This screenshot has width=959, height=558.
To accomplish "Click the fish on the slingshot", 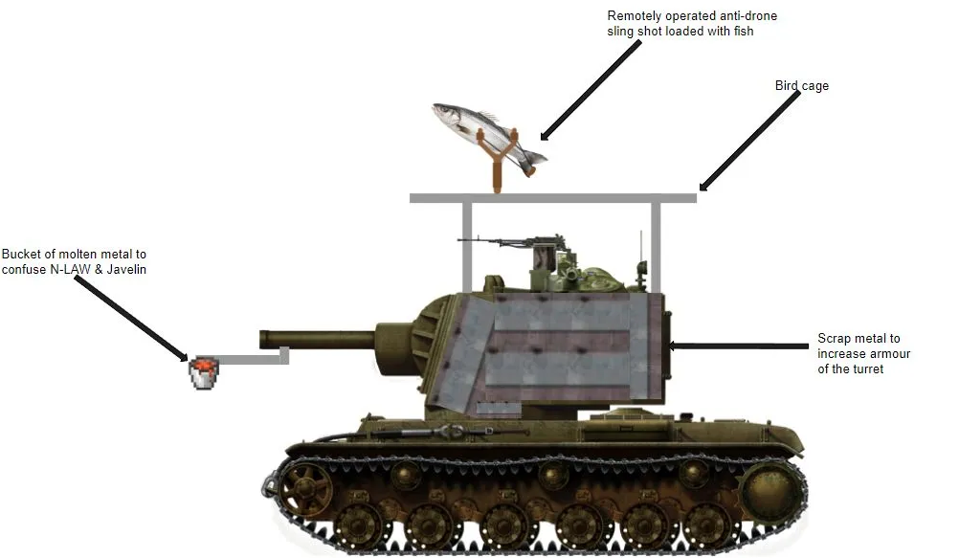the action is [x=489, y=138].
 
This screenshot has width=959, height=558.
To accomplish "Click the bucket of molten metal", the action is [x=203, y=372].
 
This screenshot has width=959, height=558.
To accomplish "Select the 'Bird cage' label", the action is [x=802, y=85].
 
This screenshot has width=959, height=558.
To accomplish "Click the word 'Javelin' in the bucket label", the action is [x=126, y=269].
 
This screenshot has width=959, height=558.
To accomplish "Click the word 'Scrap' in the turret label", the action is [x=833, y=339].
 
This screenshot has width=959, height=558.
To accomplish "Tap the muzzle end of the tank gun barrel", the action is [x=263, y=340].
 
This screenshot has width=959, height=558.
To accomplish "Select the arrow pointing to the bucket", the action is [x=131, y=318].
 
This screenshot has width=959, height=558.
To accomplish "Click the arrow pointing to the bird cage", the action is [x=749, y=141].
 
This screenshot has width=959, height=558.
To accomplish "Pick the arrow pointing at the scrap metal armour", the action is [x=738, y=346].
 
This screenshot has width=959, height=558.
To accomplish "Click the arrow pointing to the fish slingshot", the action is [x=591, y=91].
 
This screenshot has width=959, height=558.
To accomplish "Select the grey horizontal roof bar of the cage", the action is [x=553, y=197].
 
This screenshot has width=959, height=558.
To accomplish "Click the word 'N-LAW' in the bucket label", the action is [x=70, y=269].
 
